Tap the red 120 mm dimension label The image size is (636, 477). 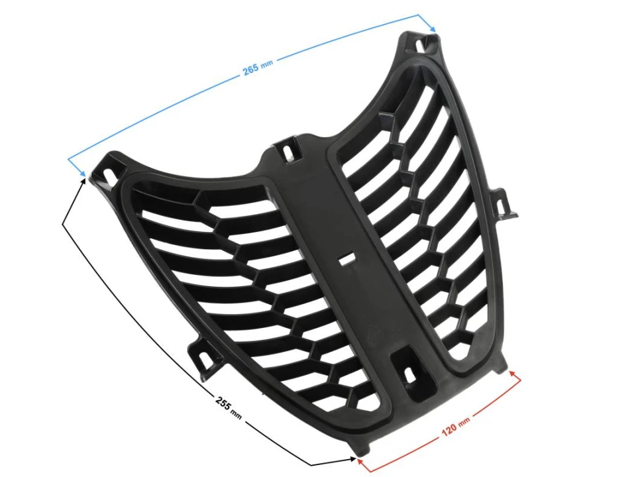[x=455, y=429]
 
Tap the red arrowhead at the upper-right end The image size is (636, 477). [x=513, y=374]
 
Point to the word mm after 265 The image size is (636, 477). [x=266, y=64]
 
